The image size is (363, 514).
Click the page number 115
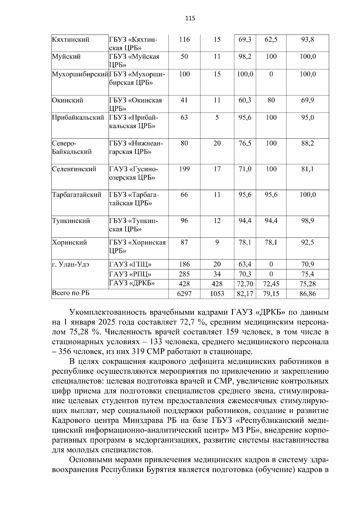coord(190,18)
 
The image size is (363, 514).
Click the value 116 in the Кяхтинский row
coord(184,40)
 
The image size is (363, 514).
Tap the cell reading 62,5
coord(271,40)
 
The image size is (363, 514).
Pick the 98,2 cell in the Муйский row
coord(245,57)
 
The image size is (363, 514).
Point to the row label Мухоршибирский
coord(80,74)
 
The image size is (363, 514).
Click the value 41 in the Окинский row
coord(184,100)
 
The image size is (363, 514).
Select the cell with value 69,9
coord(307,100)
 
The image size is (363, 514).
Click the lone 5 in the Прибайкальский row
coord(217,117)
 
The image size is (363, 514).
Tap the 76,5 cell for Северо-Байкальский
coord(245,143)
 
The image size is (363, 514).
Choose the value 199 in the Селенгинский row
coord(184,169)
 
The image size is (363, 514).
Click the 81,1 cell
coord(307,169)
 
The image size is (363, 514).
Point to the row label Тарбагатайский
coord(77,195)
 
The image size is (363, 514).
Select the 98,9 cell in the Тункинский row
coord(307,221)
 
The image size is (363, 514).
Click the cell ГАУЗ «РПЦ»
coord(130,274)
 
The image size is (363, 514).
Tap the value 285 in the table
coord(184,274)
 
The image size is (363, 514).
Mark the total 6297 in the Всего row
coord(184,294)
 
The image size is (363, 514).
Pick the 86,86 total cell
coord(307,294)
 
